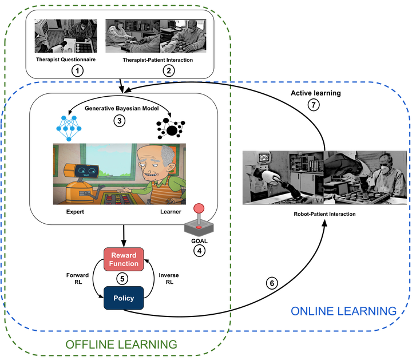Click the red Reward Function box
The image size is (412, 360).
[124, 259]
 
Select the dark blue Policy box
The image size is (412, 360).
[124, 298]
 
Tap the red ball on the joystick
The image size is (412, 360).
[199, 208]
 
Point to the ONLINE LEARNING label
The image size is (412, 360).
[343, 311]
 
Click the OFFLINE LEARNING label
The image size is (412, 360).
[121, 344]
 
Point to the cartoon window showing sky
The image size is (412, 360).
[109, 160]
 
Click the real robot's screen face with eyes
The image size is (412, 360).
[264, 157]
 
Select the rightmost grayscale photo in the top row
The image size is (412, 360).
[184, 37]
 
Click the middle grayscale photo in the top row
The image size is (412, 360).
[132, 37]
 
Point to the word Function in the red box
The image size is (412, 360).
[124, 264]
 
